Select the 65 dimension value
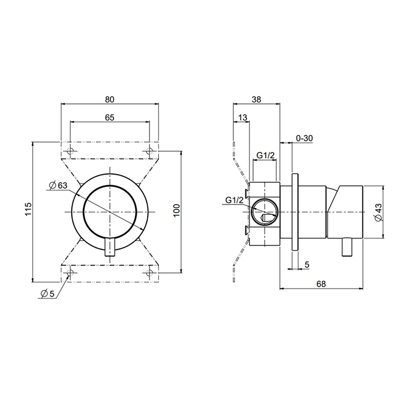tap(109, 117)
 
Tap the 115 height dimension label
tap(27, 209)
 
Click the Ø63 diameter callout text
tap(59, 185)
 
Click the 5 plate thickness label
tap(307, 264)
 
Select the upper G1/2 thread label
tap(266, 155)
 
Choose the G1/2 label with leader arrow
tap(234, 201)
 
